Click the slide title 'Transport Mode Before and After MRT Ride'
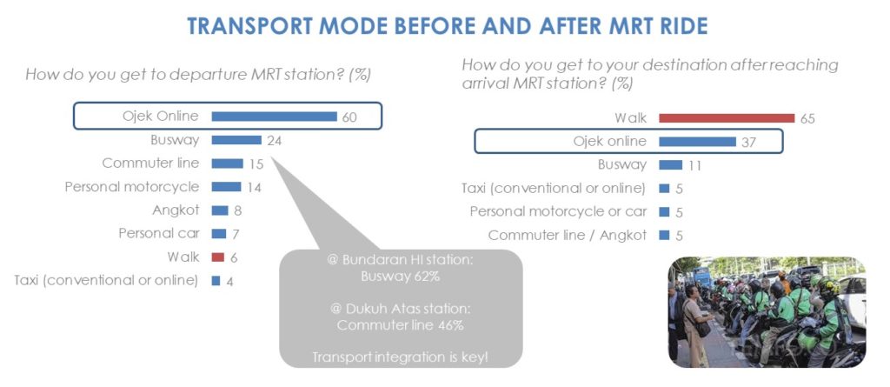[x=448, y=26]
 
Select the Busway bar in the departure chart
[x=236, y=140]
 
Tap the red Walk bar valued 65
[x=727, y=118]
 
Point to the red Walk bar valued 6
[x=218, y=257]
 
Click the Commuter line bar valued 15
[x=227, y=163]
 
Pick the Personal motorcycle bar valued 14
[x=227, y=187]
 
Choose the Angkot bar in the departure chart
[x=220, y=210]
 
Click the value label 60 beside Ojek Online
[x=349, y=117]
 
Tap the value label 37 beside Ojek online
[x=748, y=143]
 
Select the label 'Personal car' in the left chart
[x=159, y=234]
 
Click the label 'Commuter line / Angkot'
[x=567, y=236]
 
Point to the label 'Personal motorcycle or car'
[x=558, y=212]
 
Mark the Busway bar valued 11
[x=670, y=165]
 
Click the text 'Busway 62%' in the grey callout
[x=401, y=277]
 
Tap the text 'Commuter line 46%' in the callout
[x=400, y=325]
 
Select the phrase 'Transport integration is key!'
[x=400, y=357]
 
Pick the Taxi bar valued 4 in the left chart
[x=216, y=281]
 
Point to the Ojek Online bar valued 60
[x=274, y=117]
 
